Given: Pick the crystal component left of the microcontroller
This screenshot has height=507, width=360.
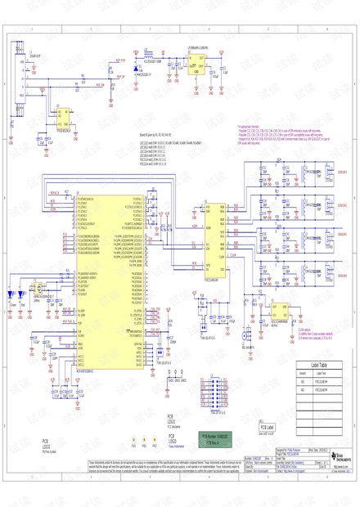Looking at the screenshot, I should (38, 288).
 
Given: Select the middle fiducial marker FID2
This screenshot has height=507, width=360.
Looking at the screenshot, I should (144, 442).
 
